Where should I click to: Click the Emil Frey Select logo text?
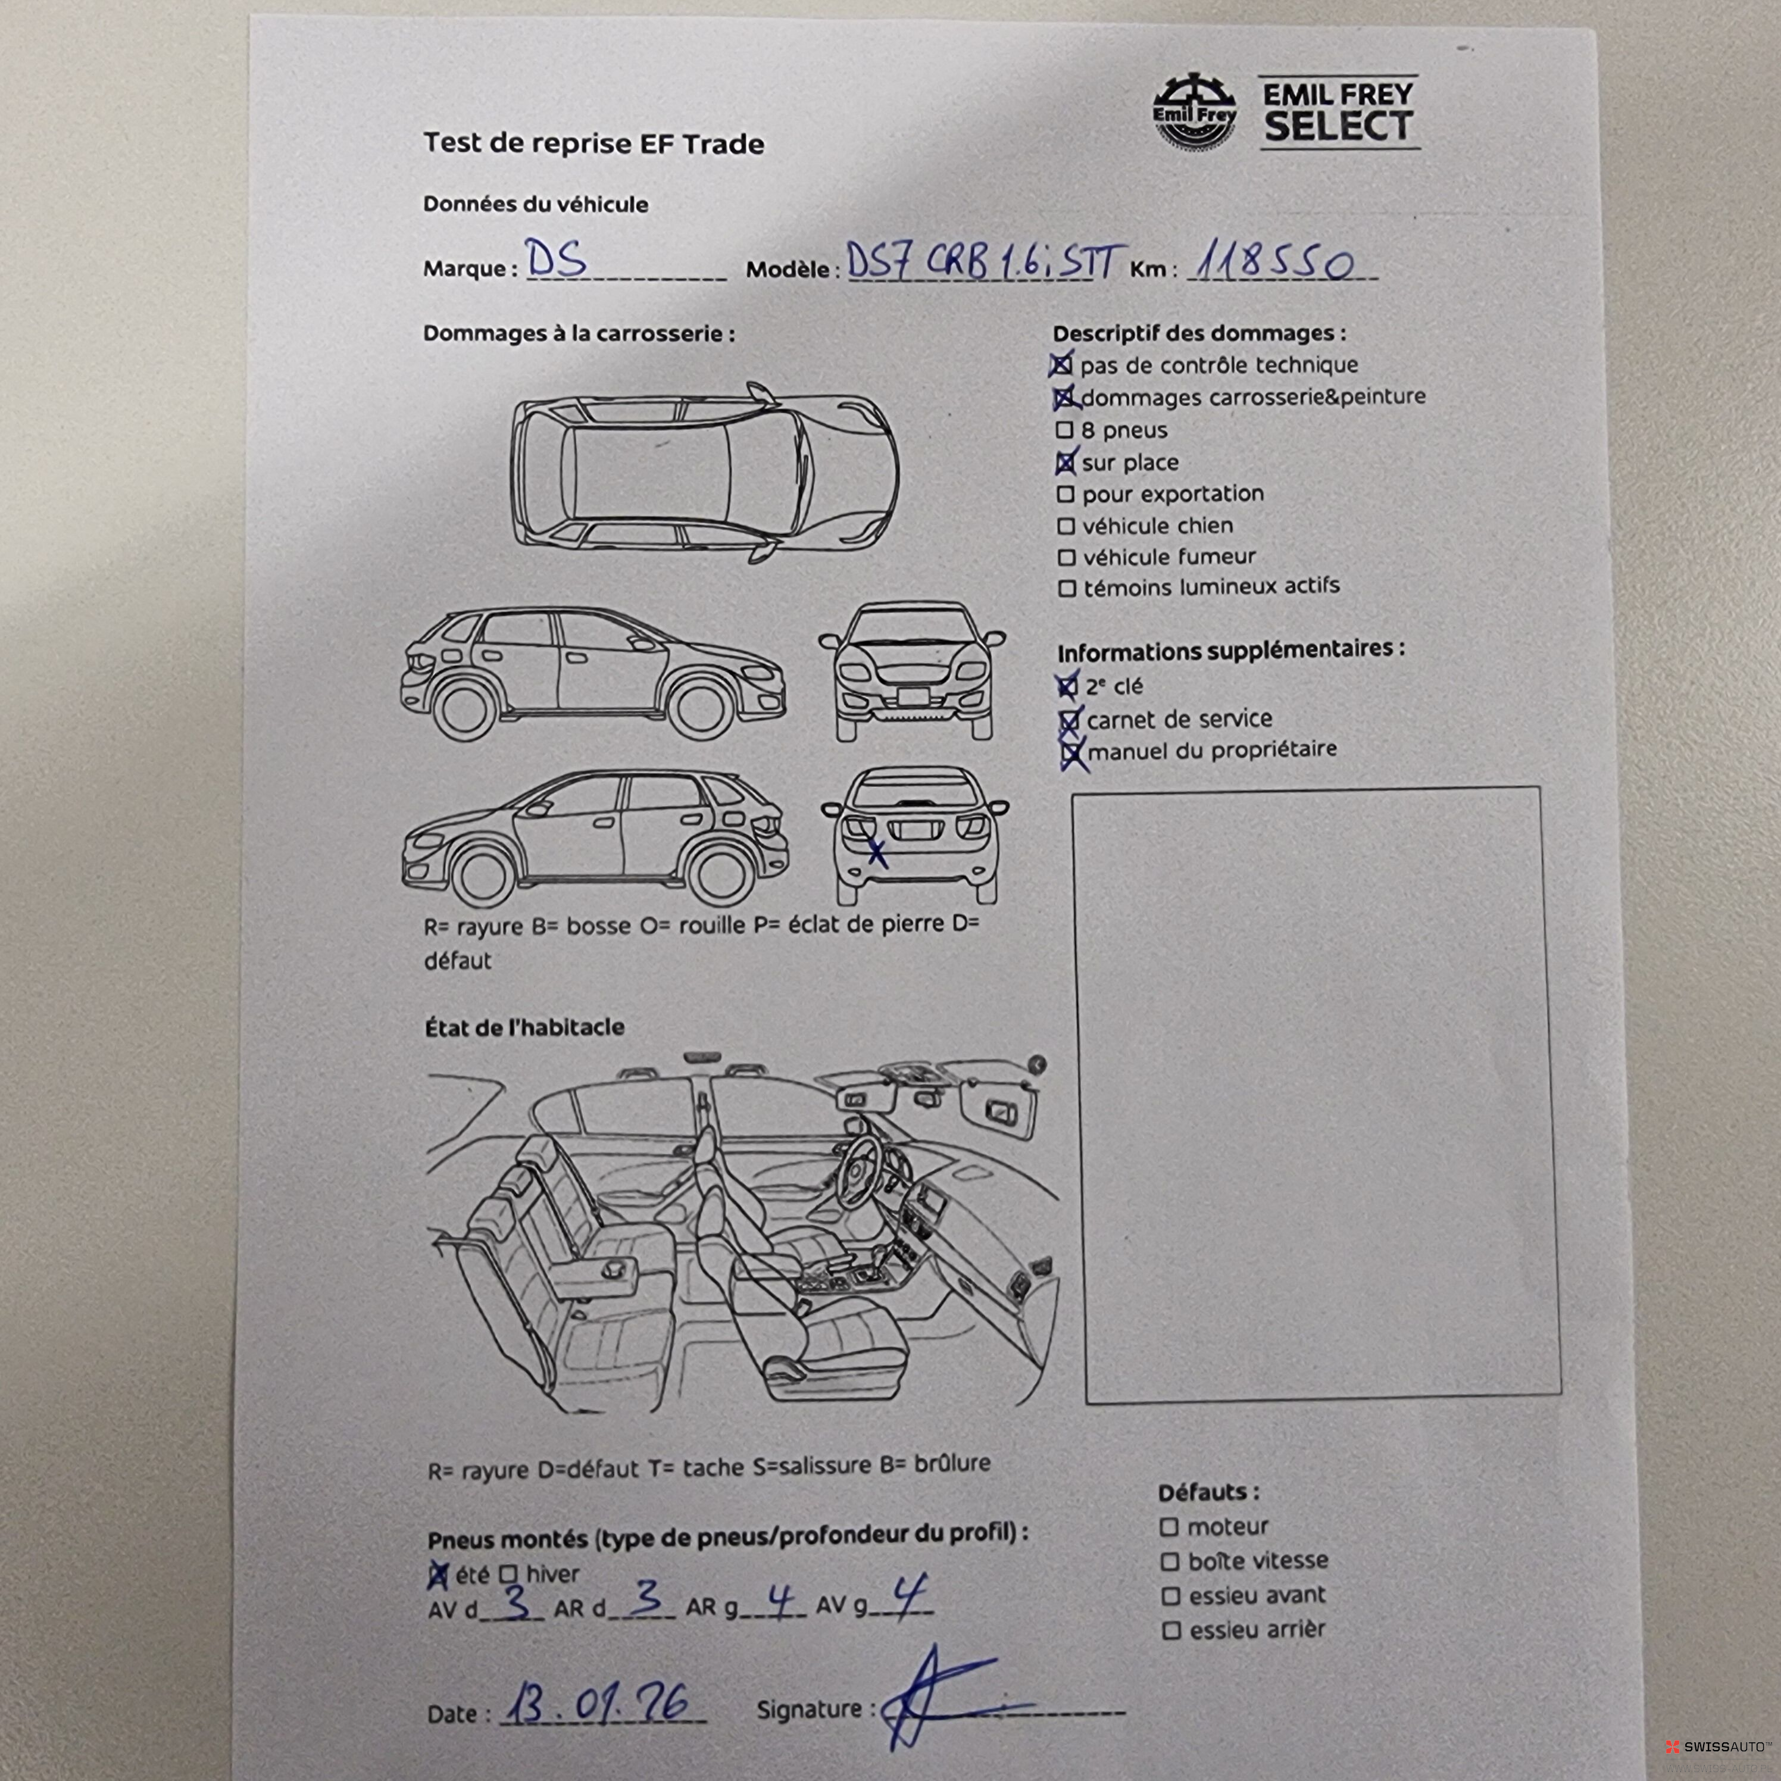[x=1339, y=113]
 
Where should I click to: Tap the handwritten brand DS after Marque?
[x=556, y=258]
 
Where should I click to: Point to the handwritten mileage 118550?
[x=1275, y=262]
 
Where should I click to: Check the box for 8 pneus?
[x=1065, y=430]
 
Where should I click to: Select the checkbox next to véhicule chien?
[x=1066, y=526]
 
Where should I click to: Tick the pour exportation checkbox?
[x=1066, y=495]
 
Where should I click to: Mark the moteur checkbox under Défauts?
[x=1169, y=1527]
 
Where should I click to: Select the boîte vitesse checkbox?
[x=1170, y=1561]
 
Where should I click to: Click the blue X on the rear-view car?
[x=877, y=854]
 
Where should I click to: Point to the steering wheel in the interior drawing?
[x=862, y=1171]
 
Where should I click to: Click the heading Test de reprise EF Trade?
[x=593, y=144]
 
